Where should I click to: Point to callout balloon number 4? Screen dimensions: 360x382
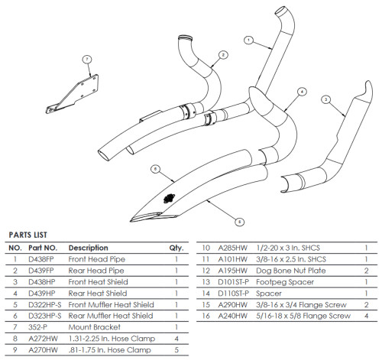point(302,91)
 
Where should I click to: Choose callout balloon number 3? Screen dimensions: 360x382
point(325,99)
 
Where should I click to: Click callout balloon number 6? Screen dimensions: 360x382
point(154,168)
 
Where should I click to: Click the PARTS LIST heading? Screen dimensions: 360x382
point(29,235)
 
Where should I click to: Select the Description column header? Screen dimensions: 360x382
point(88,248)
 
